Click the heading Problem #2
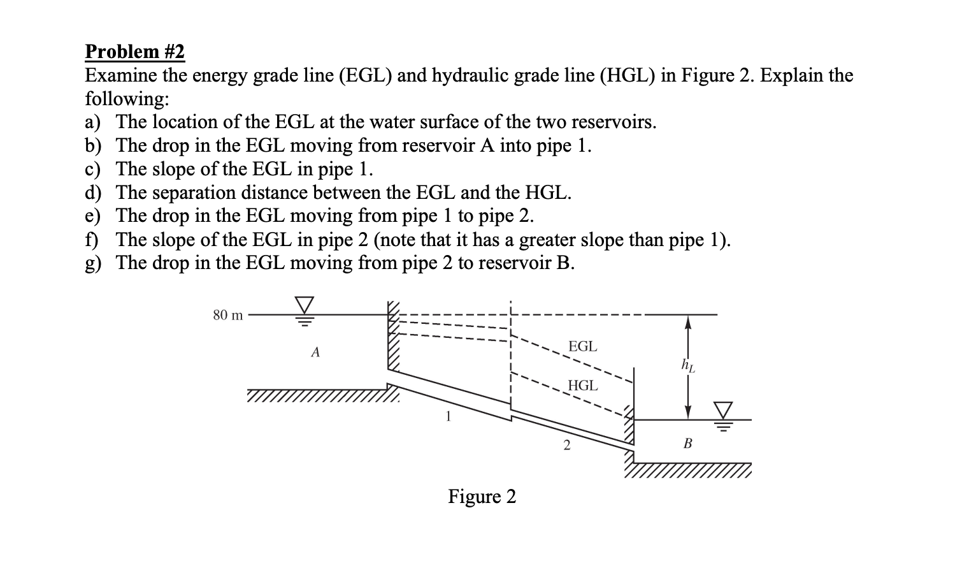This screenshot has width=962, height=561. click(x=135, y=52)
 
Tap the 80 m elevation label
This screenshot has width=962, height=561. click(x=227, y=315)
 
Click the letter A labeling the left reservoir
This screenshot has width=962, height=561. click(x=315, y=352)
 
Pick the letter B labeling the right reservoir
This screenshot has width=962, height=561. click(x=687, y=443)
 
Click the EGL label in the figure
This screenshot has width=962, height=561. click(x=582, y=347)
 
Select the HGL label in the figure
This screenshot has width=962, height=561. click(x=582, y=386)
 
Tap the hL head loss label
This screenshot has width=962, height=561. click(x=688, y=365)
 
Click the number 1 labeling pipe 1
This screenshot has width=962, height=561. click(x=449, y=418)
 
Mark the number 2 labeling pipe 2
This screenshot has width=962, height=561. click(x=566, y=446)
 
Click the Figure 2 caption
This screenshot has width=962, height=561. click(x=482, y=496)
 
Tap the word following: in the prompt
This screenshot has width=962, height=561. click(x=127, y=99)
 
